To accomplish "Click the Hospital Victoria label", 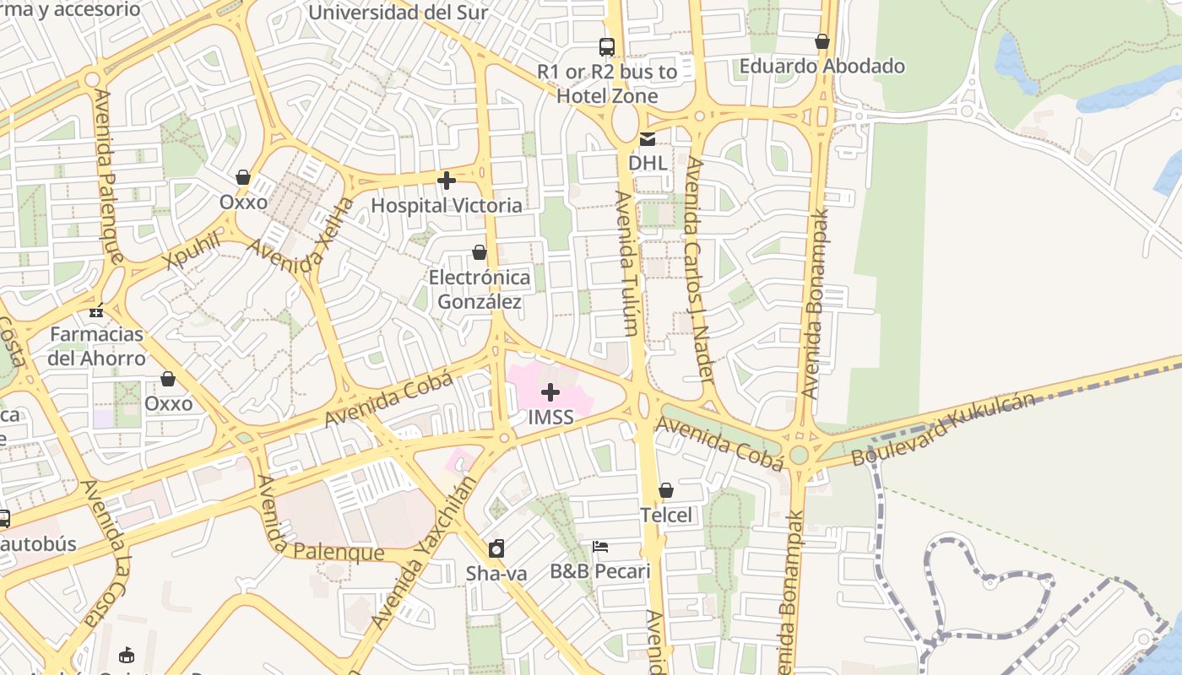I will (447, 205).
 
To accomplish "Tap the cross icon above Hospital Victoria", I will (447, 181).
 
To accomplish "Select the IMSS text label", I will (550, 417).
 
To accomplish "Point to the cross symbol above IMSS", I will (550, 392).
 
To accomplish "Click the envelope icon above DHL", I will (648, 139).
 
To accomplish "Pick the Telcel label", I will (665, 515).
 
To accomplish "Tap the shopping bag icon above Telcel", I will (666, 490).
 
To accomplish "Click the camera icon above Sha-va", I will (496, 548).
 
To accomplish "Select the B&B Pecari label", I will (600, 571).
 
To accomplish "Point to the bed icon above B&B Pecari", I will (600, 547).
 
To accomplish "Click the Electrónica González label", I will (480, 289).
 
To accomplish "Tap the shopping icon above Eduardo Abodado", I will (822, 41).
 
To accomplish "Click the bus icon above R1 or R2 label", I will (607, 47).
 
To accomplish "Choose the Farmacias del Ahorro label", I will (96, 346).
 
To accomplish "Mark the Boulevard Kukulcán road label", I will (943, 429).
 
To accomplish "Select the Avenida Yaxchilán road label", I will (425, 553).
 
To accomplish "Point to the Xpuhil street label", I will (192, 251).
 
